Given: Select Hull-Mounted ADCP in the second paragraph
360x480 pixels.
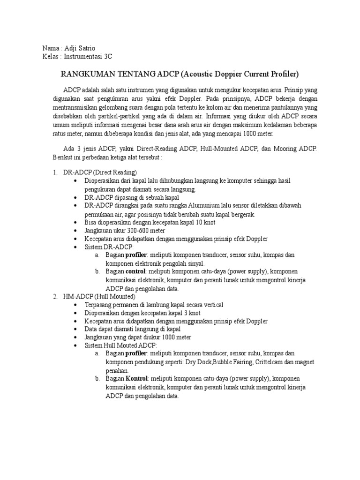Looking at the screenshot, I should coord(227,149).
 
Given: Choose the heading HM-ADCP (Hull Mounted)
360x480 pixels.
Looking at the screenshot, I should coord(99,297).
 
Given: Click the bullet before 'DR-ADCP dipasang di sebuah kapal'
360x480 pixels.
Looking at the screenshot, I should coord(76,198).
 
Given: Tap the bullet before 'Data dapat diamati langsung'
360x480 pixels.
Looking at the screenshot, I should coord(76,330).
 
